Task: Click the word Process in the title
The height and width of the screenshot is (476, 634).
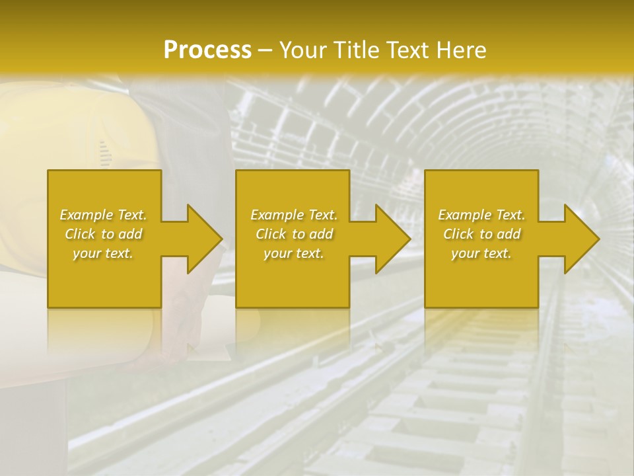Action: (207, 50)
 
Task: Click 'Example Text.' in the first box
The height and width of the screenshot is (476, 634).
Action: (103, 215)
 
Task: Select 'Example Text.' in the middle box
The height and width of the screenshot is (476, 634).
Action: (294, 215)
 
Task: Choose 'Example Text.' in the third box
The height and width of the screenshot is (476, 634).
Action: (481, 215)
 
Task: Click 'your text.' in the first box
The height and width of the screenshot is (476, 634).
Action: (103, 253)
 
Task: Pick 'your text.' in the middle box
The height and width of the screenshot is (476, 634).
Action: (294, 253)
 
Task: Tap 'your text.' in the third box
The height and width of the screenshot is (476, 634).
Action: (481, 253)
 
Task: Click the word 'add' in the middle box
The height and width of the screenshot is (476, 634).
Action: (321, 234)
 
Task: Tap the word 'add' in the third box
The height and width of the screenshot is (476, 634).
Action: (509, 234)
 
